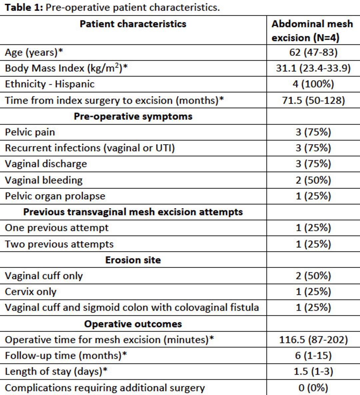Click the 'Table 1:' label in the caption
[24, 7]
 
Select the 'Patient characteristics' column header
[133, 24]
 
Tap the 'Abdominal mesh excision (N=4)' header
[312, 31]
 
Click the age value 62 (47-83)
[313, 52]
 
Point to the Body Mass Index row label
[66, 68]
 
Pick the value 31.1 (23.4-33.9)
[313, 68]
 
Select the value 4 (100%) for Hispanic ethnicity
[313, 84]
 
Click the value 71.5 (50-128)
[313, 100]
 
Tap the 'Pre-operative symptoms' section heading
[133, 116]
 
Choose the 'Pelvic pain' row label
[30, 132]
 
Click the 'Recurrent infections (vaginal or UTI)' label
[90, 148]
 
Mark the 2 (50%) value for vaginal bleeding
[313, 180]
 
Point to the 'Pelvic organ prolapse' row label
[55, 196]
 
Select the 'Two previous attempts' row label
[59, 244]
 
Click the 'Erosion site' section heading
[133, 260]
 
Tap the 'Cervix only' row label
[31, 292]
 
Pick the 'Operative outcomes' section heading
[133, 324]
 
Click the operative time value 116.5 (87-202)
[313, 340]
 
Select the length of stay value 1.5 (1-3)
[313, 371]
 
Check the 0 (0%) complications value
[313, 388]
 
